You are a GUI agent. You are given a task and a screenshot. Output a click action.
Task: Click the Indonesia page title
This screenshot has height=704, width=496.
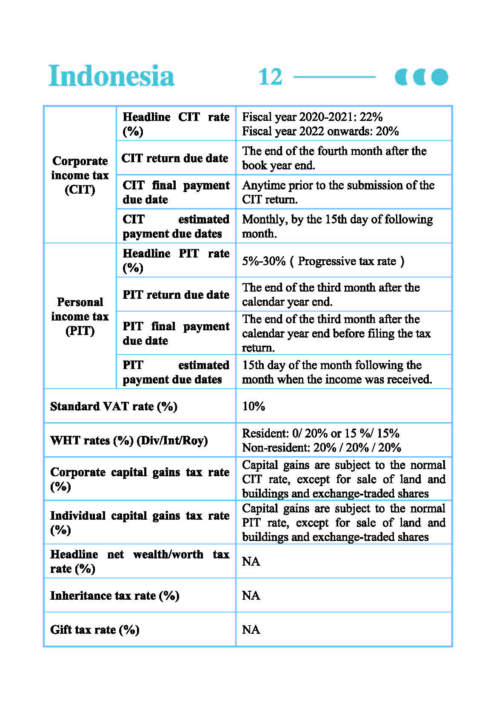coord(111,76)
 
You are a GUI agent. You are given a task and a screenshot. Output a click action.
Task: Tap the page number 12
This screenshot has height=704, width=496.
coord(270,77)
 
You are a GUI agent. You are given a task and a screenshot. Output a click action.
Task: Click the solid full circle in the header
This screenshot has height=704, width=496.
coord(439,77)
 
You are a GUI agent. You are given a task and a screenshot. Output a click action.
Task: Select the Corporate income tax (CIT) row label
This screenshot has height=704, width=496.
coord(80,175)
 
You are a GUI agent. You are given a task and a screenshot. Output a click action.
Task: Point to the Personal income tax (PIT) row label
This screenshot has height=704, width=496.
coord(80,316)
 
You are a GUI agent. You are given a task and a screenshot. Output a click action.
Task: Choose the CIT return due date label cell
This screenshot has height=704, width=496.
coord(175,158)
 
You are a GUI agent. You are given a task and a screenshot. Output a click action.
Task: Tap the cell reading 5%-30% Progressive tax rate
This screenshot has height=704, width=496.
coord(323,261)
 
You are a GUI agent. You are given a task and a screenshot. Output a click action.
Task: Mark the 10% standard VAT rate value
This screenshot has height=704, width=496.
coord(254,406)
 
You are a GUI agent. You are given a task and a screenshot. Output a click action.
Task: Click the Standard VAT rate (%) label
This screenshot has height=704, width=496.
coord(114,406)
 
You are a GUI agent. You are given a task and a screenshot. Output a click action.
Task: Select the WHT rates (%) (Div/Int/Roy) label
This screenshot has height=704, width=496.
coord(129,441)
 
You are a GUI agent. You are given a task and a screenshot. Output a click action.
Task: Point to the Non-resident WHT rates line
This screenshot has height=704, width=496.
coord(322,448)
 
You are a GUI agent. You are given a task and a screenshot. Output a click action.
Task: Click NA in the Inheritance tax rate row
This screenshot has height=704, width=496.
coord(251,595)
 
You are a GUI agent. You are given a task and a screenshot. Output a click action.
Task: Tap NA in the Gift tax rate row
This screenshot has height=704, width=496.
coord(251,630)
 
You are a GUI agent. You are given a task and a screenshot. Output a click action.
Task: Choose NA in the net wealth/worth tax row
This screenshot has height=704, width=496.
coord(251,561)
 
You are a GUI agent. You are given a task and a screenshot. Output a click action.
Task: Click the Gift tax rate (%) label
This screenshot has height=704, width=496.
coord(95,630)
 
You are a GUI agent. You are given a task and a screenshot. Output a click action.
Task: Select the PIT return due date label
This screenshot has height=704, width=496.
coord(176,295)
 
